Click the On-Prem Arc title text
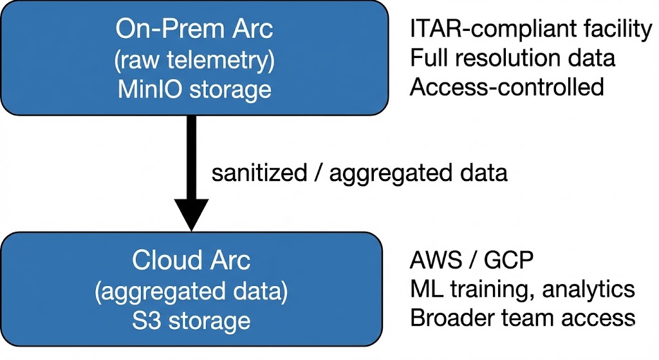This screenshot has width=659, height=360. pyautogui.click(x=194, y=29)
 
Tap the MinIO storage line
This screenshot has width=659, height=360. pyautogui.click(x=194, y=90)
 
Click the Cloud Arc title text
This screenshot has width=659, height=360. pyautogui.click(x=191, y=261)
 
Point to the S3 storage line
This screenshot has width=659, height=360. pyautogui.click(x=191, y=320)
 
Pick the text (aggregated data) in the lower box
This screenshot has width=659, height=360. pyautogui.click(x=191, y=291)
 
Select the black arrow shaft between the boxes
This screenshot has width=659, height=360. pyautogui.click(x=191, y=155)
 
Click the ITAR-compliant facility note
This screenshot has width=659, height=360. pyautogui.click(x=531, y=29)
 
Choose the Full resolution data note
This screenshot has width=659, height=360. pyautogui.click(x=512, y=58)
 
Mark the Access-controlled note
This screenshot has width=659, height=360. pyautogui.click(x=506, y=87)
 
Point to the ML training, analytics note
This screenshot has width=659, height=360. pyautogui.click(x=522, y=290)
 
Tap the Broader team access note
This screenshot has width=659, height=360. pyautogui.click(x=522, y=318)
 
